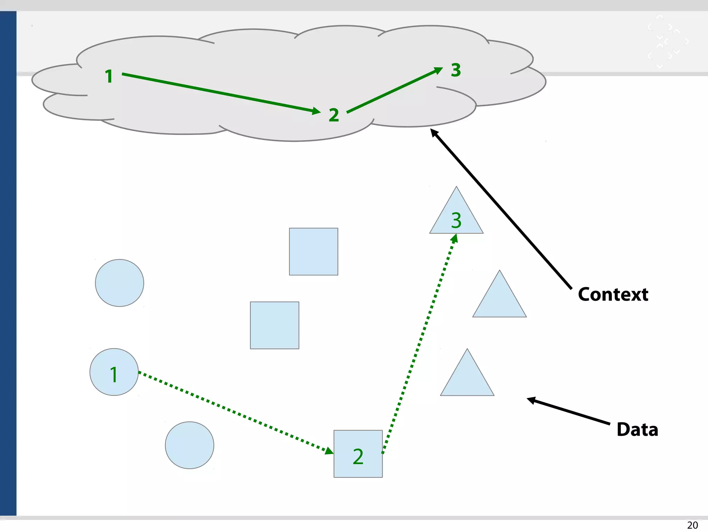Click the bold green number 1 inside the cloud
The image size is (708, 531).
109,76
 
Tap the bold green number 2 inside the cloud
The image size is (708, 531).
334,115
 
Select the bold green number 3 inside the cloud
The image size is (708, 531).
456,70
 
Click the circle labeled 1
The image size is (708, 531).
114,372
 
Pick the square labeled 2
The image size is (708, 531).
358,454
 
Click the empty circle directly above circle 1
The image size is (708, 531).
120,283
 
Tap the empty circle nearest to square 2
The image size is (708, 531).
189,445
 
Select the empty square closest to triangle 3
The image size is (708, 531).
314,251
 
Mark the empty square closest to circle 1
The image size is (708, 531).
274,325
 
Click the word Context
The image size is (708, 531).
613,295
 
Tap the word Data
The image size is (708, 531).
637,430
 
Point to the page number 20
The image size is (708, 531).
692,525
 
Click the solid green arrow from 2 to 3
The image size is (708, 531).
394,90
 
